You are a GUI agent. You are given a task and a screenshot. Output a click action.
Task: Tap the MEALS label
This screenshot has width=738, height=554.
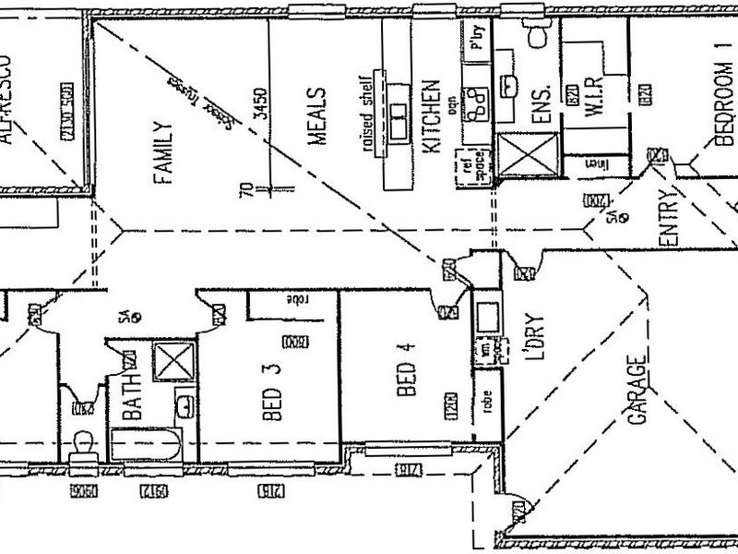coord(316,117)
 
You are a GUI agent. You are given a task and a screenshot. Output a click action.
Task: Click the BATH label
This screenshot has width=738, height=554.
coord(131,395)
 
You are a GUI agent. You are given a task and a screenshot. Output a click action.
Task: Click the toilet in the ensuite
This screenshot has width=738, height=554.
coord(536,35)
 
